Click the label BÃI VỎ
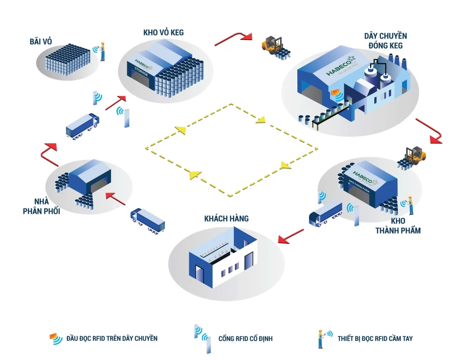click(x=40, y=42)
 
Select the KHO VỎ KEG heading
click(x=163, y=32)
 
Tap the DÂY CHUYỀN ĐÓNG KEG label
click(x=386, y=40)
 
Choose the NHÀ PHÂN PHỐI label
click(x=42, y=206)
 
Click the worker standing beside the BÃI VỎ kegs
click(x=103, y=51)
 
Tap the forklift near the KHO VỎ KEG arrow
click(x=272, y=45)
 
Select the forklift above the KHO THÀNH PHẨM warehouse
click(x=412, y=156)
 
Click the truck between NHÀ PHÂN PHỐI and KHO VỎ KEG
click(x=82, y=126)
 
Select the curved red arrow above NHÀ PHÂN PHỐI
click(x=49, y=153)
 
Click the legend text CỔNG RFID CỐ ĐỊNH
click(x=246, y=339)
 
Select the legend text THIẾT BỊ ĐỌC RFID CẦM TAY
click(x=375, y=338)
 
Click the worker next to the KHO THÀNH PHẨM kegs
click(x=410, y=205)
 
